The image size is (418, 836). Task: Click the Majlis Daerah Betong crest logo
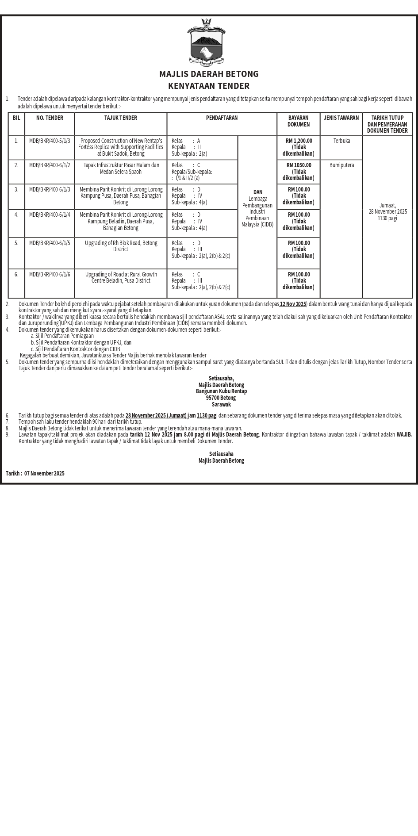pos(207,42)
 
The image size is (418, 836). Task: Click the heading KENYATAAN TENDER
pos(209,86)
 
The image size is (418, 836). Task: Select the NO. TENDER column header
pos(50,118)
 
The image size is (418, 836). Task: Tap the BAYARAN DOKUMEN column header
pos(299,121)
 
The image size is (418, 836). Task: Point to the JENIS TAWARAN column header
pos(341,118)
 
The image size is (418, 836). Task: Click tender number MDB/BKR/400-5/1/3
pos(50,141)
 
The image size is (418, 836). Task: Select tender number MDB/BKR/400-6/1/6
pos(50,275)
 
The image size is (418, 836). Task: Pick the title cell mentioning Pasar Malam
pos(121,169)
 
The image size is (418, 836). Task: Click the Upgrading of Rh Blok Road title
pos(121,246)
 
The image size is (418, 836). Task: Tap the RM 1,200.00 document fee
pos(299,141)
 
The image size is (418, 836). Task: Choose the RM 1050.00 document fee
pos(299,165)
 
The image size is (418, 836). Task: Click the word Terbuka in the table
pos(341,141)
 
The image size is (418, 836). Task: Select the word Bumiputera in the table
pos(341,165)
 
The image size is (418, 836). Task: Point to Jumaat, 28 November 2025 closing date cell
pos(387,212)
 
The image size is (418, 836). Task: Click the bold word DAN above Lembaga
pos(257,192)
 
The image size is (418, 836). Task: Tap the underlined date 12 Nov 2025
pos(293,304)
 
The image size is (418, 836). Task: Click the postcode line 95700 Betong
pos(221,398)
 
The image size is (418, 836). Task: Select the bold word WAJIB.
pos(404,435)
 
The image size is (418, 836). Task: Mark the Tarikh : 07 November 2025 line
pos(35,474)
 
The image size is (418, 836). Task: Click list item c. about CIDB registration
pos(76,349)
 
